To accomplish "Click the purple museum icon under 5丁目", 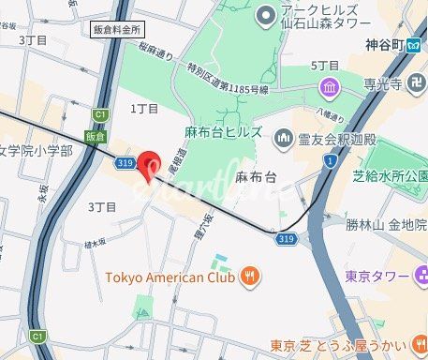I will (x=329, y=88).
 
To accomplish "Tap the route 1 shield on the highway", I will (x=330, y=162).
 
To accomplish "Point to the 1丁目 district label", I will (x=144, y=109).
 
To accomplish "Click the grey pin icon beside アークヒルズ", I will (x=263, y=13).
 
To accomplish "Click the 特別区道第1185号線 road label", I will (x=227, y=80).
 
